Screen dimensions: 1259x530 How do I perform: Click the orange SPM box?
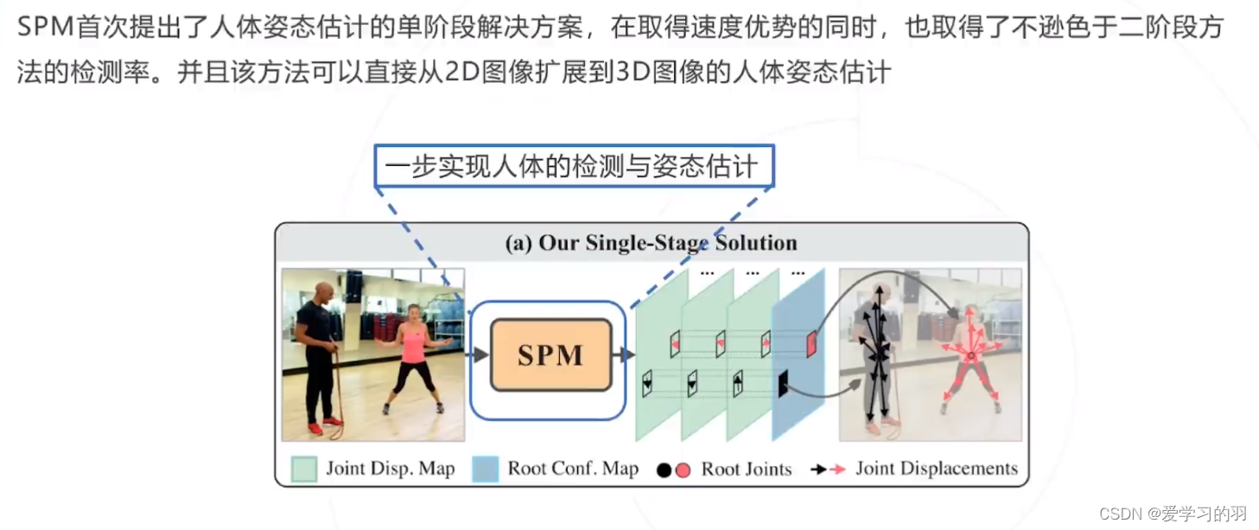pyautogui.click(x=550, y=354)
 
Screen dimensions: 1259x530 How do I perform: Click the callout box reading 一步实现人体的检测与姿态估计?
pyautogui.click(x=574, y=167)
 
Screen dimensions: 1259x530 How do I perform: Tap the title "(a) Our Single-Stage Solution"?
pyautogui.click(x=651, y=243)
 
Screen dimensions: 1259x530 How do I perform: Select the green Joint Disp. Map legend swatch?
pyautogui.click(x=303, y=469)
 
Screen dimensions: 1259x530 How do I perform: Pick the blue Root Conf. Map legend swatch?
pyautogui.click(x=485, y=469)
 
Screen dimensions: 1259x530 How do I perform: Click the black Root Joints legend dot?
pyautogui.click(x=664, y=470)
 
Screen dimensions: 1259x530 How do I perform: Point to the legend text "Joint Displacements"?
pyautogui.click(x=937, y=469)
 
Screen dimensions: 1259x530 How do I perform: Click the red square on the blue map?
pyautogui.click(x=811, y=343)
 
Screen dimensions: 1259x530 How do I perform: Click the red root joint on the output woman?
pyautogui.click(x=970, y=355)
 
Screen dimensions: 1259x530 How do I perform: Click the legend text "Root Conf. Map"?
pyautogui.click(x=573, y=469)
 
